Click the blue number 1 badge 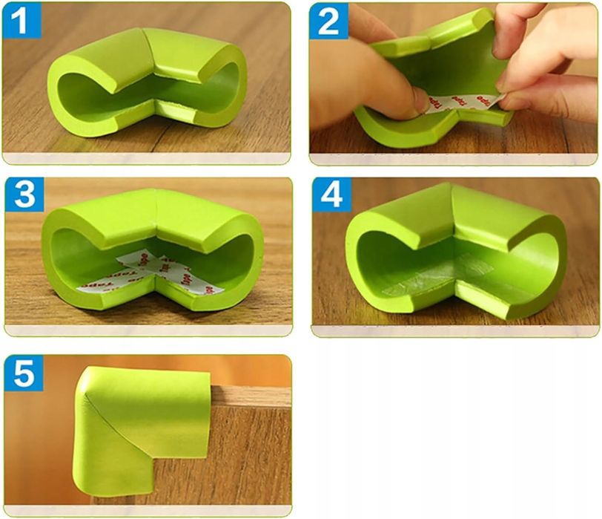tap(21, 20)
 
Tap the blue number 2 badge tap(328, 21)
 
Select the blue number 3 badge tap(24, 195)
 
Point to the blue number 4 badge tap(331, 195)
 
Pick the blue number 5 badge tap(24, 373)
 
